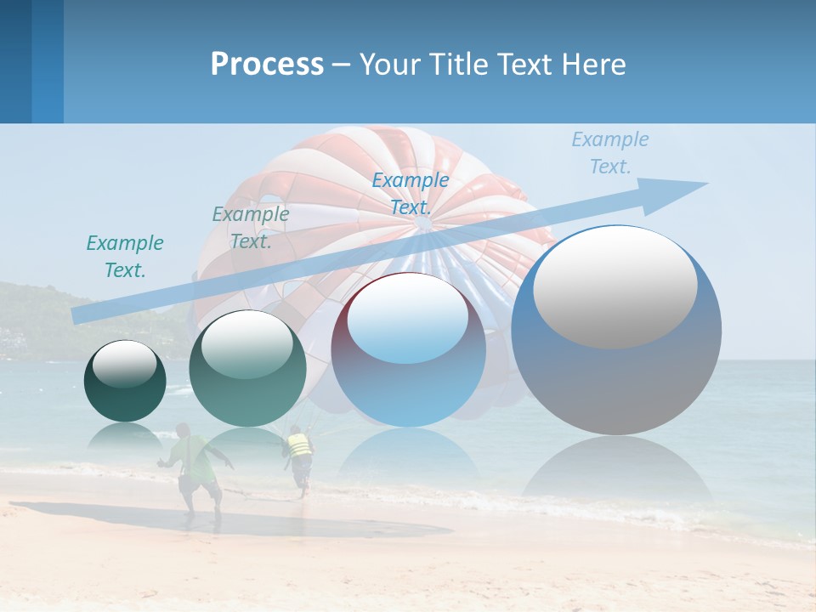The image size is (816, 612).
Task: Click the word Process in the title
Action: coord(267,65)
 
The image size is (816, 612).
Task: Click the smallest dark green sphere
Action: coord(125,382)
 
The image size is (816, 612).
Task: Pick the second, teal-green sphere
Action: coord(246,370)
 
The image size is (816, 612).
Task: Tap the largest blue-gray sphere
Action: coord(616,331)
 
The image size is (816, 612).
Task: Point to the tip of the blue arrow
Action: coord(705,184)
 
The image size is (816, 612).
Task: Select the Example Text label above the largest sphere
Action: coord(609,153)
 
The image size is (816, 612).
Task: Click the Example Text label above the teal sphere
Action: coord(250,228)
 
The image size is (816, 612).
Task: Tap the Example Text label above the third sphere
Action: coord(410,193)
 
